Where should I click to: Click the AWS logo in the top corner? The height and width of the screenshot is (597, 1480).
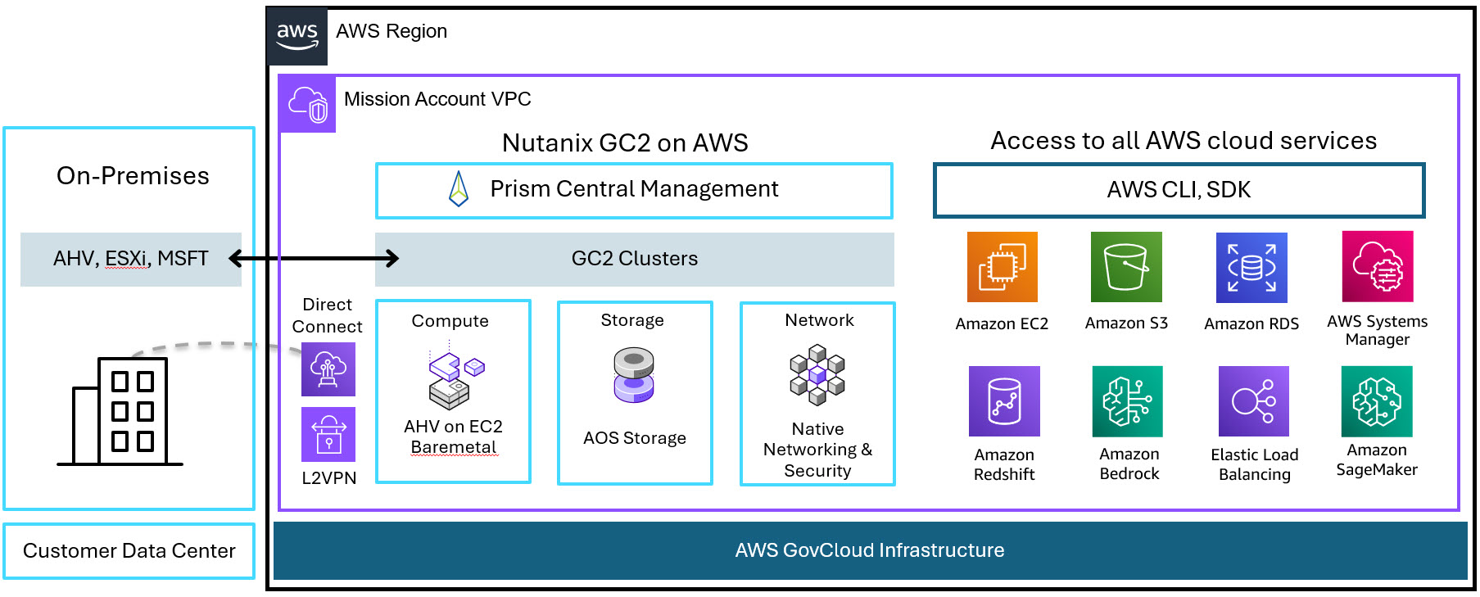297,37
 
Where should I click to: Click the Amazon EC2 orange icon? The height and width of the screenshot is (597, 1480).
1002,267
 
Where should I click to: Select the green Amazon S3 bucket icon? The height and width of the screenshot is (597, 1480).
1126,267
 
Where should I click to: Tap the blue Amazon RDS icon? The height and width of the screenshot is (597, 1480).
1251,268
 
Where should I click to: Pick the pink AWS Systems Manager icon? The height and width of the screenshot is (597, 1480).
1378,267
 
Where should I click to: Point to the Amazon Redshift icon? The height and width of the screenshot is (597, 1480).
1004,401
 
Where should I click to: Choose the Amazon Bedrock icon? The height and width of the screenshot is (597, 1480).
1128,401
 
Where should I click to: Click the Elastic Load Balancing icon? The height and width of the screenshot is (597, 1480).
1253,401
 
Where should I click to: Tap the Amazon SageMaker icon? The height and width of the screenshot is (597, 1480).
1377,401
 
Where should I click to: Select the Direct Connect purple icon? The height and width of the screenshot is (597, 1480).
328,369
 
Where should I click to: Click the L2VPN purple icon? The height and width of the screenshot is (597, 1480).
328,434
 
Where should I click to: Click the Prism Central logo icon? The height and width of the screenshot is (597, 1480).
459,189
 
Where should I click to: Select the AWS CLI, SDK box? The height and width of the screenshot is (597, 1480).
1179,190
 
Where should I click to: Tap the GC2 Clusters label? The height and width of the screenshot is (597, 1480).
634,259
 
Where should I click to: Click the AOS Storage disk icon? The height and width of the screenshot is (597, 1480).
633,375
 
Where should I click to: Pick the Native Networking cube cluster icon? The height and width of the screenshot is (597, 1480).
817,374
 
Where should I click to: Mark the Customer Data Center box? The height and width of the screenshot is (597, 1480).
129,551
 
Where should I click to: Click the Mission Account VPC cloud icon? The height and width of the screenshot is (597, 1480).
308,104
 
